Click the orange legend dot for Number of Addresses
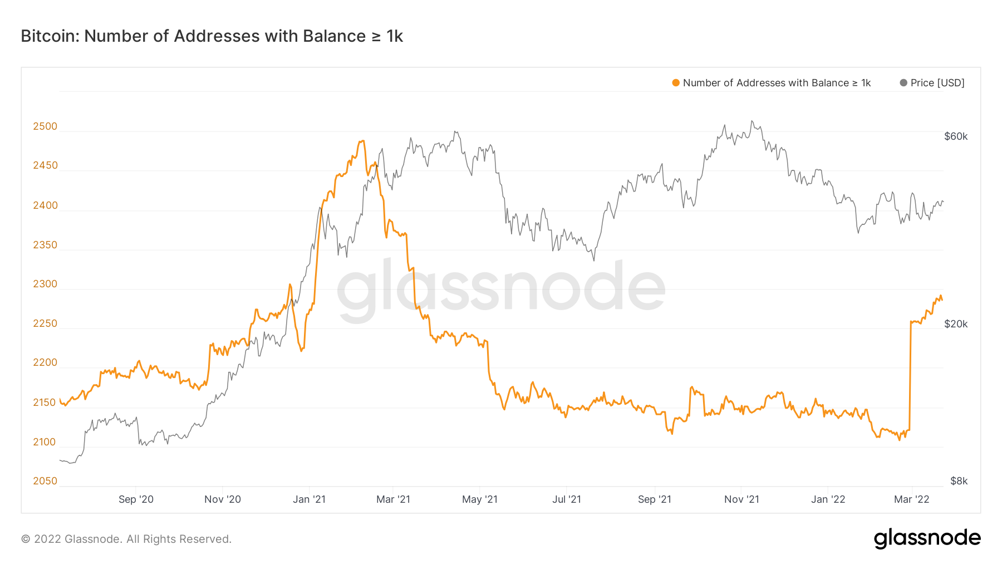[x=676, y=83]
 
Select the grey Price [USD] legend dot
[x=903, y=83]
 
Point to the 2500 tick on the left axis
[x=45, y=126]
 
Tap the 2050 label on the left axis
[x=45, y=481]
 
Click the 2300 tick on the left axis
[x=45, y=284]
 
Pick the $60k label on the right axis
[x=956, y=136]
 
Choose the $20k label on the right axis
[x=956, y=324]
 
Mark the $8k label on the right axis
[x=959, y=481]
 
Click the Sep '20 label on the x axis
[x=136, y=499]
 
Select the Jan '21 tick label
[x=309, y=499]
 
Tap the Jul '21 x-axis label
[x=567, y=499]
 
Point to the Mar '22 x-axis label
[x=911, y=499]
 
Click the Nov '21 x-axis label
[x=741, y=499]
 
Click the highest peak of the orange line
[x=362, y=141]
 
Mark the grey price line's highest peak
[x=751, y=121]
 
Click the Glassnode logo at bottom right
[x=927, y=538]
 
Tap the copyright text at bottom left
[x=126, y=539]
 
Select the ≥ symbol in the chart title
[x=376, y=37]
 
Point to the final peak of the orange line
[x=941, y=296]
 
